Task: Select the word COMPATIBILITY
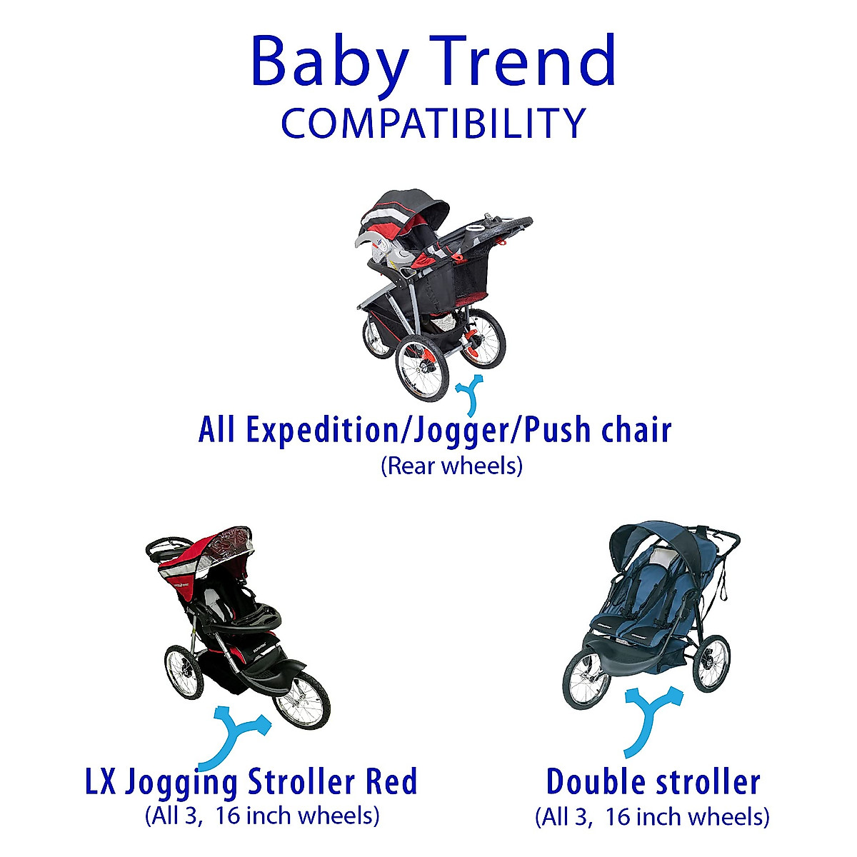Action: pos(433,124)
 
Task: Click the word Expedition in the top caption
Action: pos(297,431)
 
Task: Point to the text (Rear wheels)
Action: pos(451,466)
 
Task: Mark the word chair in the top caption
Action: pos(636,431)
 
